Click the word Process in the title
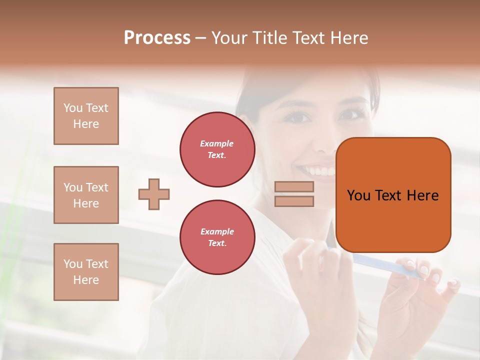point(157,38)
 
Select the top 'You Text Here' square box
point(86,116)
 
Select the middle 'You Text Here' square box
point(86,195)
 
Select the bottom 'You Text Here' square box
point(86,272)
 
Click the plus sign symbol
point(154,194)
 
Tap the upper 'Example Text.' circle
point(217,149)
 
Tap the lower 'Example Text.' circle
point(217,237)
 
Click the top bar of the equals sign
point(294,186)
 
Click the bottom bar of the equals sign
point(294,201)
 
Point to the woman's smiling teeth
point(319,171)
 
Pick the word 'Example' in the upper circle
point(217,144)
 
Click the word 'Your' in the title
point(230,38)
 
